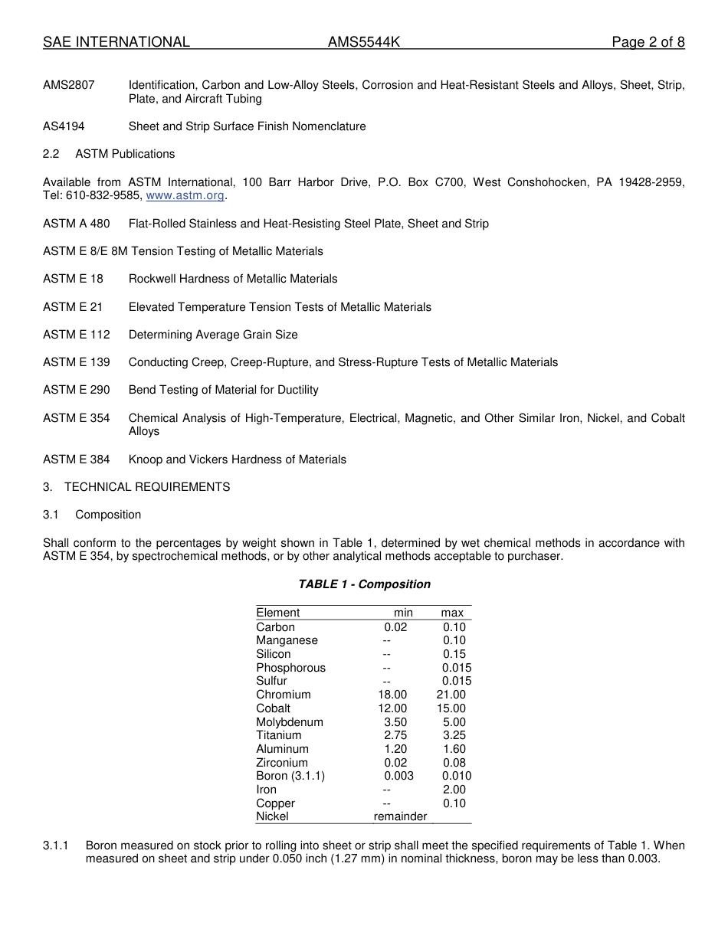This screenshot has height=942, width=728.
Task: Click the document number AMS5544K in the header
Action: pyautogui.click(x=364, y=42)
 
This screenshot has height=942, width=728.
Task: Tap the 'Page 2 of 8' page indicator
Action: pyautogui.click(x=648, y=42)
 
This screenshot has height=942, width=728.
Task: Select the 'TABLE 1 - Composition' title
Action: pyautogui.click(x=364, y=584)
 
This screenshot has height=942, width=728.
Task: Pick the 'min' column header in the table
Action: pyautogui.click(x=403, y=613)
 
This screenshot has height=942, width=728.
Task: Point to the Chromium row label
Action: pyautogui.click(x=284, y=695)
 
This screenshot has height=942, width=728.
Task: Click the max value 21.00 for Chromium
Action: pyautogui.click(x=451, y=695)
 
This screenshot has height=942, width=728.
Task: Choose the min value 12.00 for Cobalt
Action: pyautogui.click(x=392, y=708)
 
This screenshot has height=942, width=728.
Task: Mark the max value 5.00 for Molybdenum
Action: pyautogui.click(x=454, y=722)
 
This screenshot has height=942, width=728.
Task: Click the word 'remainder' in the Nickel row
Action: pyautogui.click(x=400, y=816)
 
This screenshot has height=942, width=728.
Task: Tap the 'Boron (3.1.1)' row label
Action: pyautogui.click(x=290, y=776)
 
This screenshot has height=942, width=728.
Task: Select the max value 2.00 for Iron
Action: pyautogui.click(x=454, y=790)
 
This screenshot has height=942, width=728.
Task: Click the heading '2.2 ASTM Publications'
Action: pyautogui.click(x=109, y=154)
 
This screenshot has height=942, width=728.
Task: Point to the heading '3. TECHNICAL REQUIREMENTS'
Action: pyautogui.click(x=136, y=487)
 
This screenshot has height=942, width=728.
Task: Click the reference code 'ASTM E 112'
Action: pyautogui.click(x=77, y=335)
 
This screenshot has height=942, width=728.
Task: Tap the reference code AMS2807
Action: pyautogui.click(x=69, y=85)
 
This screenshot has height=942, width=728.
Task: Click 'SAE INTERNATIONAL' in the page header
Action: pyautogui.click(x=116, y=42)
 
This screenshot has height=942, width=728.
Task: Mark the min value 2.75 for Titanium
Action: pyautogui.click(x=395, y=735)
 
